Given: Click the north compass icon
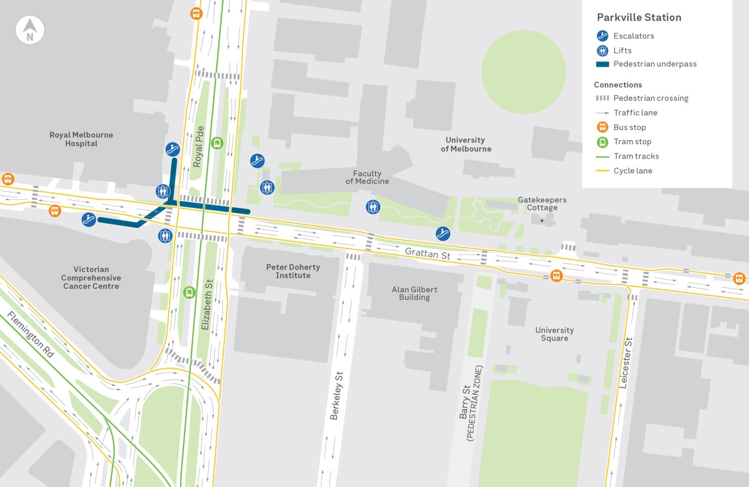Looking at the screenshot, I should tap(30, 30).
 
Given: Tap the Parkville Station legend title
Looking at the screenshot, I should tap(639, 18).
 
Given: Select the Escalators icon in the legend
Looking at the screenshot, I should tap(602, 36).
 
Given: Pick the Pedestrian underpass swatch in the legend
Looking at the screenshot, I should tap(602, 64).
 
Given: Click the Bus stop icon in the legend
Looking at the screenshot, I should tap(602, 127).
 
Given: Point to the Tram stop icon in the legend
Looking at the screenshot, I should tap(602, 142).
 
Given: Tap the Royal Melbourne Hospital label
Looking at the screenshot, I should tap(81, 139).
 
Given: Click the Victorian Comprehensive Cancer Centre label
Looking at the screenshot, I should tap(91, 278).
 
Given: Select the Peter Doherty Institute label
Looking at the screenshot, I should tap(293, 271).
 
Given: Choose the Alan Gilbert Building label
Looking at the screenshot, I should tap(414, 293).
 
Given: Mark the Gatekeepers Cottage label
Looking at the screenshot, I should tap(542, 203).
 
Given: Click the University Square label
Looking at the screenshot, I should tap(554, 334).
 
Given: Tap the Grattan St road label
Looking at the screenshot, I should tap(428, 253).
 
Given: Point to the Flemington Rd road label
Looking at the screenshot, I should tap(30, 335).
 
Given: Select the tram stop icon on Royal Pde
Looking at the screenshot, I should tap(217, 143).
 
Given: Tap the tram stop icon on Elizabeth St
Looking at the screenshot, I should tap(189, 292).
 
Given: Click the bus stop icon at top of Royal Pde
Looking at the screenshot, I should tap(197, 13).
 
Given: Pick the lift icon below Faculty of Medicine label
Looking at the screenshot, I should tap(373, 207).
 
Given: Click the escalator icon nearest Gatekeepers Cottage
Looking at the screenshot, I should tap(443, 234).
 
